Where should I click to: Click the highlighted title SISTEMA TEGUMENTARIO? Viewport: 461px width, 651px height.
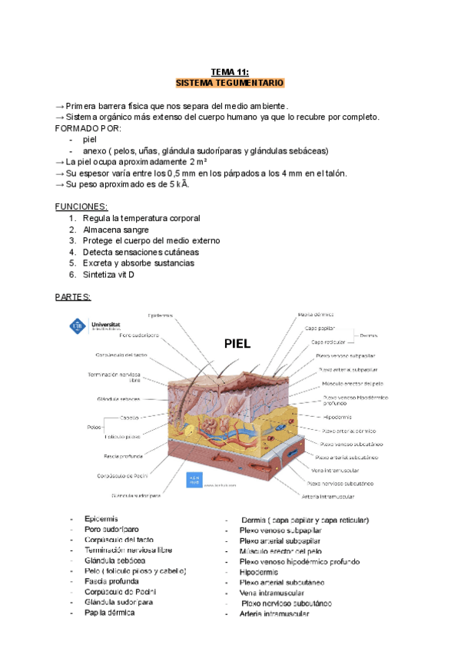point(230,81)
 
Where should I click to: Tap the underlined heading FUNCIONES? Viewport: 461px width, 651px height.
point(81,207)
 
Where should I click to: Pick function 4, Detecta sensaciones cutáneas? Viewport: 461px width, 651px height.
point(140,252)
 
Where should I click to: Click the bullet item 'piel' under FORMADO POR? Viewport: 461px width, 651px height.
point(90,139)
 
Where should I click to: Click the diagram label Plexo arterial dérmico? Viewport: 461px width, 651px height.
point(347,431)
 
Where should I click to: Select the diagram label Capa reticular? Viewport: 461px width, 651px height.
point(329,342)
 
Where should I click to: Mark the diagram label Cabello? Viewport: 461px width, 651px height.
point(129,418)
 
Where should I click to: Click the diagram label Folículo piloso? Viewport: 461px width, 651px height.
point(121,436)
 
